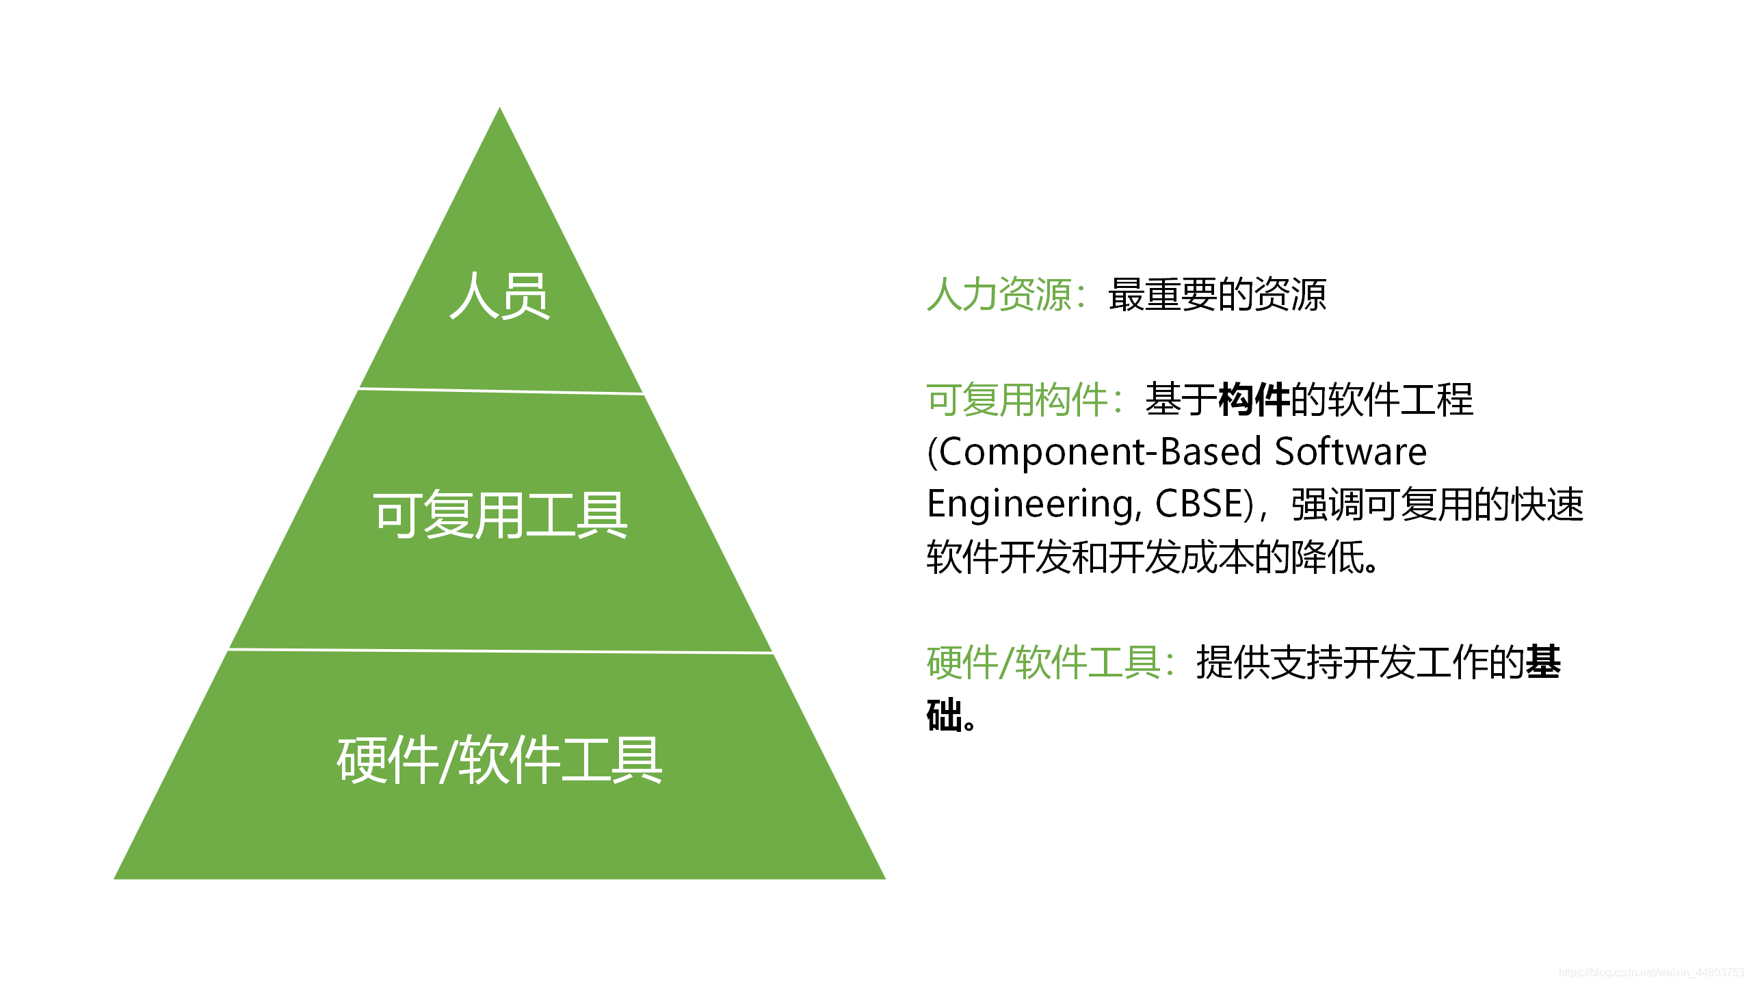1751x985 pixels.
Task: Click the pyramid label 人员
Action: [x=500, y=295]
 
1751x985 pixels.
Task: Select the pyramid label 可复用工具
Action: [x=500, y=515]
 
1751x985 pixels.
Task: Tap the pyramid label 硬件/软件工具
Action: [x=500, y=760]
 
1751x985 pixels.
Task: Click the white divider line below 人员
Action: [x=500, y=391]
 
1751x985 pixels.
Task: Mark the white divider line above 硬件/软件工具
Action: [x=500, y=651]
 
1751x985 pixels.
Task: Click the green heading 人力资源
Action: [x=999, y=295]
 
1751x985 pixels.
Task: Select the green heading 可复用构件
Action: [x=1016, y=399]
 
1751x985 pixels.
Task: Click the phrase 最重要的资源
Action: [x=1217, y=295]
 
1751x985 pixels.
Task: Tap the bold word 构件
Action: [x=1254, y=399]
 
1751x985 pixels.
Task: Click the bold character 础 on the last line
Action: [x=944, y=715]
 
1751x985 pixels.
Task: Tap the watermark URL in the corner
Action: [x=1651, y=972]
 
